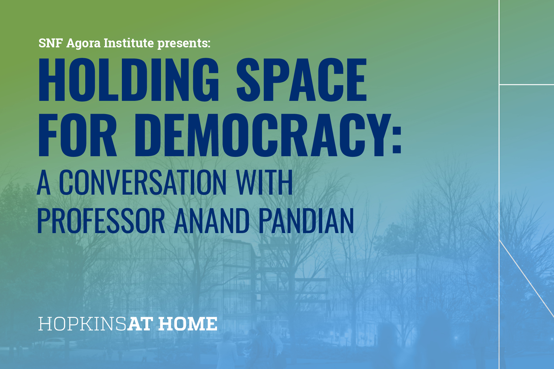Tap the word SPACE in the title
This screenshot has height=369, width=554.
click(302, 80)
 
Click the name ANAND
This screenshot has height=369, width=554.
click(212, 220)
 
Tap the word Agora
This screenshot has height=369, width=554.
click(83, 44)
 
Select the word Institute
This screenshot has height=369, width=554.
click(129, 43)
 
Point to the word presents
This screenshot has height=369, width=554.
click(184, 44)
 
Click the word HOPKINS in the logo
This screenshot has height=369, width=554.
click(82, 324)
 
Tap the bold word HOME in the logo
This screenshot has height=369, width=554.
click(188, 324)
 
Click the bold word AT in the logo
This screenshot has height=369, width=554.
click(140, 324)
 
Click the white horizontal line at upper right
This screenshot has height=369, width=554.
click(527, 84)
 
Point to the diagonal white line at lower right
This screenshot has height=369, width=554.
click(527, 278)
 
